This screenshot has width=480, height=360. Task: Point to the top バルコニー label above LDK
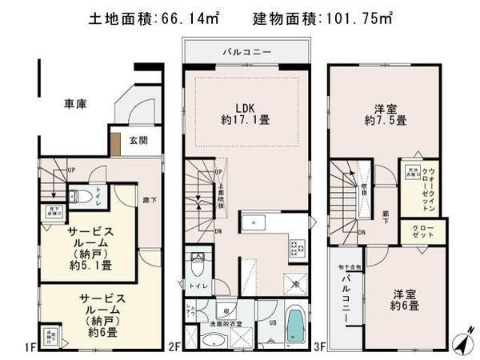click(246, 53)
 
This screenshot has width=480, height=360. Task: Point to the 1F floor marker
click(30, 346)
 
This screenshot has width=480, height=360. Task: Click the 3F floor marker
click(321, 346)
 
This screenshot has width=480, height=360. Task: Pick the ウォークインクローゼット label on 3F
click(430, 190)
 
